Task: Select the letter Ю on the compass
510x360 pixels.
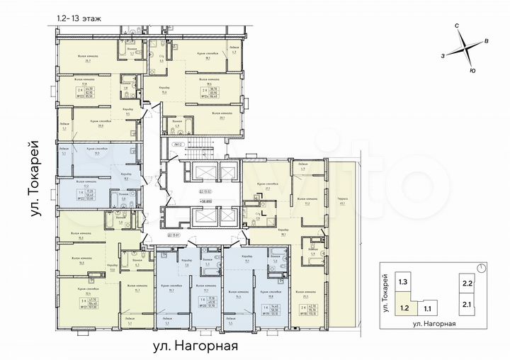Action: (472, 71)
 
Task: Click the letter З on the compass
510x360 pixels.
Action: (442, 55)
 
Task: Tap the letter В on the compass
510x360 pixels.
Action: (487, 42)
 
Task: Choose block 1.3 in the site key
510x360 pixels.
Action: (404, 282)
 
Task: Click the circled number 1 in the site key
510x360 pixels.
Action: (481, 268)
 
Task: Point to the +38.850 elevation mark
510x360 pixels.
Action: (188, 202)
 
